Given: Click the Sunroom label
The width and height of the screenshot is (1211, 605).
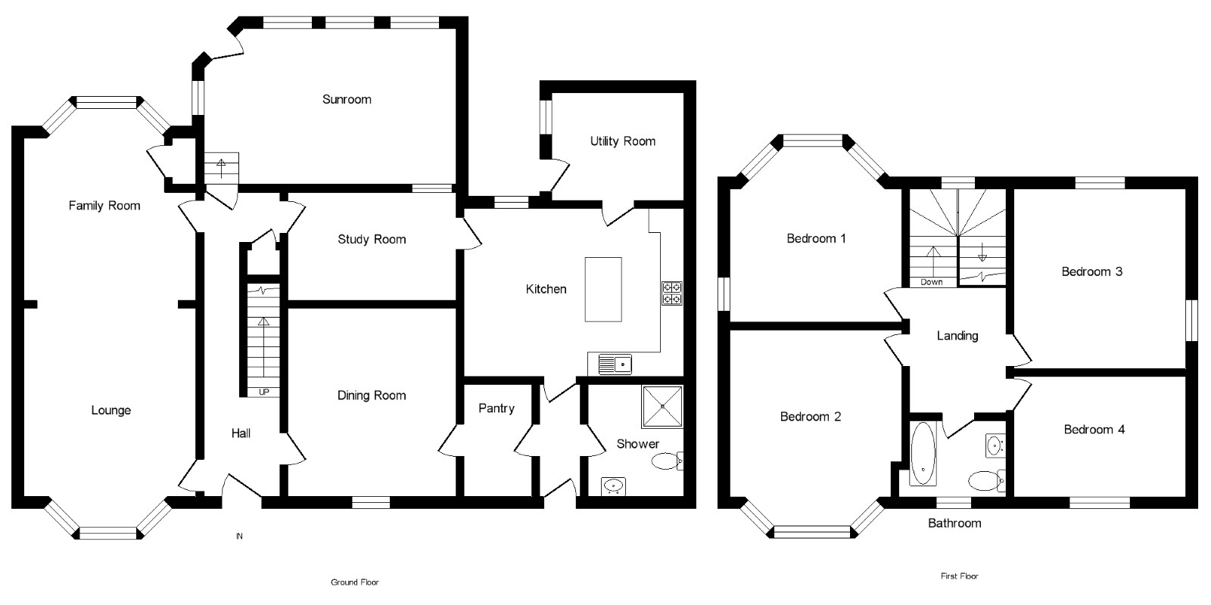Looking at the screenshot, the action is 347,99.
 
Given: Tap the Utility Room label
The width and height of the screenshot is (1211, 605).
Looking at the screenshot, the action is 622,141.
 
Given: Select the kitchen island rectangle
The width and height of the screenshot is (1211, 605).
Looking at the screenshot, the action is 603,290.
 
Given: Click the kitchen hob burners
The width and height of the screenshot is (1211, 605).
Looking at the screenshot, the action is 671,293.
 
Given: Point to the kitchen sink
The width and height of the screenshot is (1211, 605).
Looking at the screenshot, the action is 615,365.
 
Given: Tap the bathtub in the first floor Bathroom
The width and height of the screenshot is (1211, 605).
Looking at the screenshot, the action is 923,453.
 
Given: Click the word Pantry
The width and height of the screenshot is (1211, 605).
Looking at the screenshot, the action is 497,408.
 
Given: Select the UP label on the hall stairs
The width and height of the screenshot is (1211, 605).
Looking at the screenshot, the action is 263,392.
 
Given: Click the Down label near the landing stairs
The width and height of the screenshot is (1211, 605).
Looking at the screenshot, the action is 932,282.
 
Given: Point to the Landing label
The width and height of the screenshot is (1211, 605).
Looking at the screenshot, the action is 957,336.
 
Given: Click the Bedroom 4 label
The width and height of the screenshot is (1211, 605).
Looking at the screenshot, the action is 1094,430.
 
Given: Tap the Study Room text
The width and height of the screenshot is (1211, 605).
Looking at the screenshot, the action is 372,240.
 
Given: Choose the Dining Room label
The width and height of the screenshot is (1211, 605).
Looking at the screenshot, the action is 371,396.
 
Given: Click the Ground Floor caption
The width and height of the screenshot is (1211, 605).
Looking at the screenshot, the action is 354,582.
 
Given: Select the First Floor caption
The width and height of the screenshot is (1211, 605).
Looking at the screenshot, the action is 959,576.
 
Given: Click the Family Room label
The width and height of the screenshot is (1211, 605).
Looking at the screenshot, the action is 104,206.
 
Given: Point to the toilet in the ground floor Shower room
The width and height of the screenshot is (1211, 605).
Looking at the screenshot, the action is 666,461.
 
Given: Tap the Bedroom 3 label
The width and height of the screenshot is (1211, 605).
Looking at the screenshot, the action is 1091,271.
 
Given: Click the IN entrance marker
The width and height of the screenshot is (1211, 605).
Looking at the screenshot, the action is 239,537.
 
